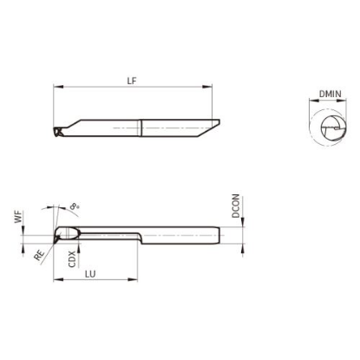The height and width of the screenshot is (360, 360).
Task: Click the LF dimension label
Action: click(132, 81)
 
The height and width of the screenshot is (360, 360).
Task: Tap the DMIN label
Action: click(331, 94)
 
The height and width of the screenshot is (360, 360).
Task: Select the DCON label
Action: click(236, 206)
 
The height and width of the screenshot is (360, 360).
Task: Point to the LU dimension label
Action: click(90, 274)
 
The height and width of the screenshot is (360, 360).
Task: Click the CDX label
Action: click(72, 259)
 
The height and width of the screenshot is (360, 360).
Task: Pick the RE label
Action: click(39, 255)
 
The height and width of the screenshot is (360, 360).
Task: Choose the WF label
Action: click(18, 217)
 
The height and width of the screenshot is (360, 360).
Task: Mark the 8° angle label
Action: click(75, 206)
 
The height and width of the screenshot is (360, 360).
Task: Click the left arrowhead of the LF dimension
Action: click(58, 87)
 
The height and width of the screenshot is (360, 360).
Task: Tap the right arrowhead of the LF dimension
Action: click(207, 87)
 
